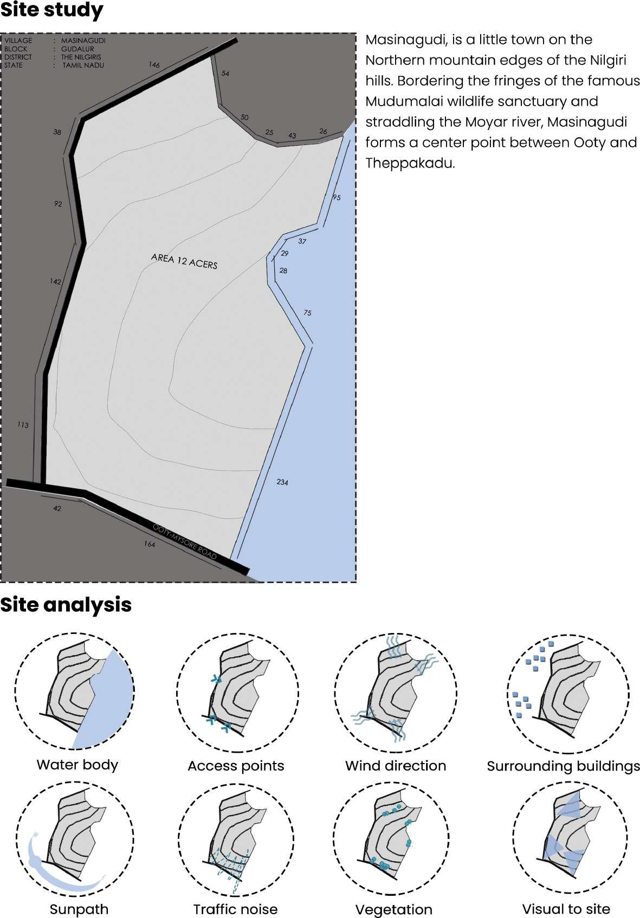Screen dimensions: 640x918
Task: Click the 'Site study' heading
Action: coord(51,11)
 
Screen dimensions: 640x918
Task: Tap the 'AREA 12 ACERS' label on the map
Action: coord(184,261)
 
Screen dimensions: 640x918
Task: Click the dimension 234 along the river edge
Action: coord(282,482)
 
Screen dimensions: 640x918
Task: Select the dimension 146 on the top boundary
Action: coord(154,65)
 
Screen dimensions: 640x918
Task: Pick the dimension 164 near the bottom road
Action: coord(149,544)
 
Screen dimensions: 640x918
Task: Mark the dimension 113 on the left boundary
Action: coord(22,425)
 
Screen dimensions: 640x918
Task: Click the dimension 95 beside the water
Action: coord(337,197)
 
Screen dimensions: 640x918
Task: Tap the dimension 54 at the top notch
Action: coord(225,73)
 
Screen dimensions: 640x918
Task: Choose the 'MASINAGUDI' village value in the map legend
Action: coord(83,41)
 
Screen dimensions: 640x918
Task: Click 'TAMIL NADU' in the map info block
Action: coord(83,65)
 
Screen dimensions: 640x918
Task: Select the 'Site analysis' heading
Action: coord(66,604)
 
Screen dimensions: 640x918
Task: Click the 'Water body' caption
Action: coord(77,765)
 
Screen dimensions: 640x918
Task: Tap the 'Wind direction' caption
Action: coord(396,766)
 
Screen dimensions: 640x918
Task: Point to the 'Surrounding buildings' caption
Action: coord(563,766)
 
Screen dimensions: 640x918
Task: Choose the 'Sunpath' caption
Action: coord(79,909)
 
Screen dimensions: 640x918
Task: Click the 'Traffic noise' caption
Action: coord(235,909)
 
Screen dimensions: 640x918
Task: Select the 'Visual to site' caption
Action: coord(566,909)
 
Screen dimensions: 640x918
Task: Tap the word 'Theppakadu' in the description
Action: coord(409,163)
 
